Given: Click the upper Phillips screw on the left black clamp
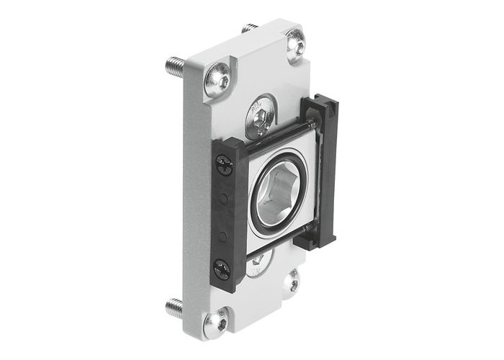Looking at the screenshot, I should [x=224, y=168].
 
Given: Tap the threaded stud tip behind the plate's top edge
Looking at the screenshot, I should [x=251, y=28].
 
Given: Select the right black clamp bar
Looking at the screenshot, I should [x=326, y=173].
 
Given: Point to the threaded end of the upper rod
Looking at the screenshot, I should [x=311, y=124].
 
